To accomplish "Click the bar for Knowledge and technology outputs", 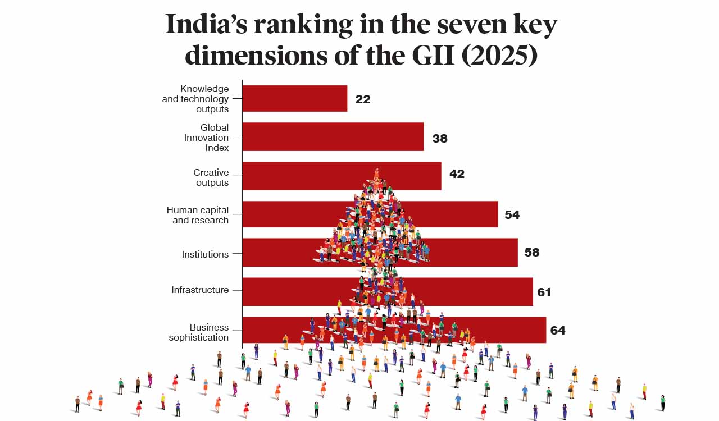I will (294, 98).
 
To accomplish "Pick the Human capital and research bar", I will (292, 214).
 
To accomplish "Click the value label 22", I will (363, 99).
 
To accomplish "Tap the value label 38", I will (440, 138).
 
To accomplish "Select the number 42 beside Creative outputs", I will (457, 174).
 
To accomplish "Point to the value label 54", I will (512, 215).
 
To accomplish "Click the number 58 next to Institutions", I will (531, 253).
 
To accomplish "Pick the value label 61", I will (544, 292).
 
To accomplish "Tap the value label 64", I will (557, 331).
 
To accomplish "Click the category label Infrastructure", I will (200, 290).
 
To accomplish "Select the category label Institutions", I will (205, 254).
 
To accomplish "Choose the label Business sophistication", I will (199, 332).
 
